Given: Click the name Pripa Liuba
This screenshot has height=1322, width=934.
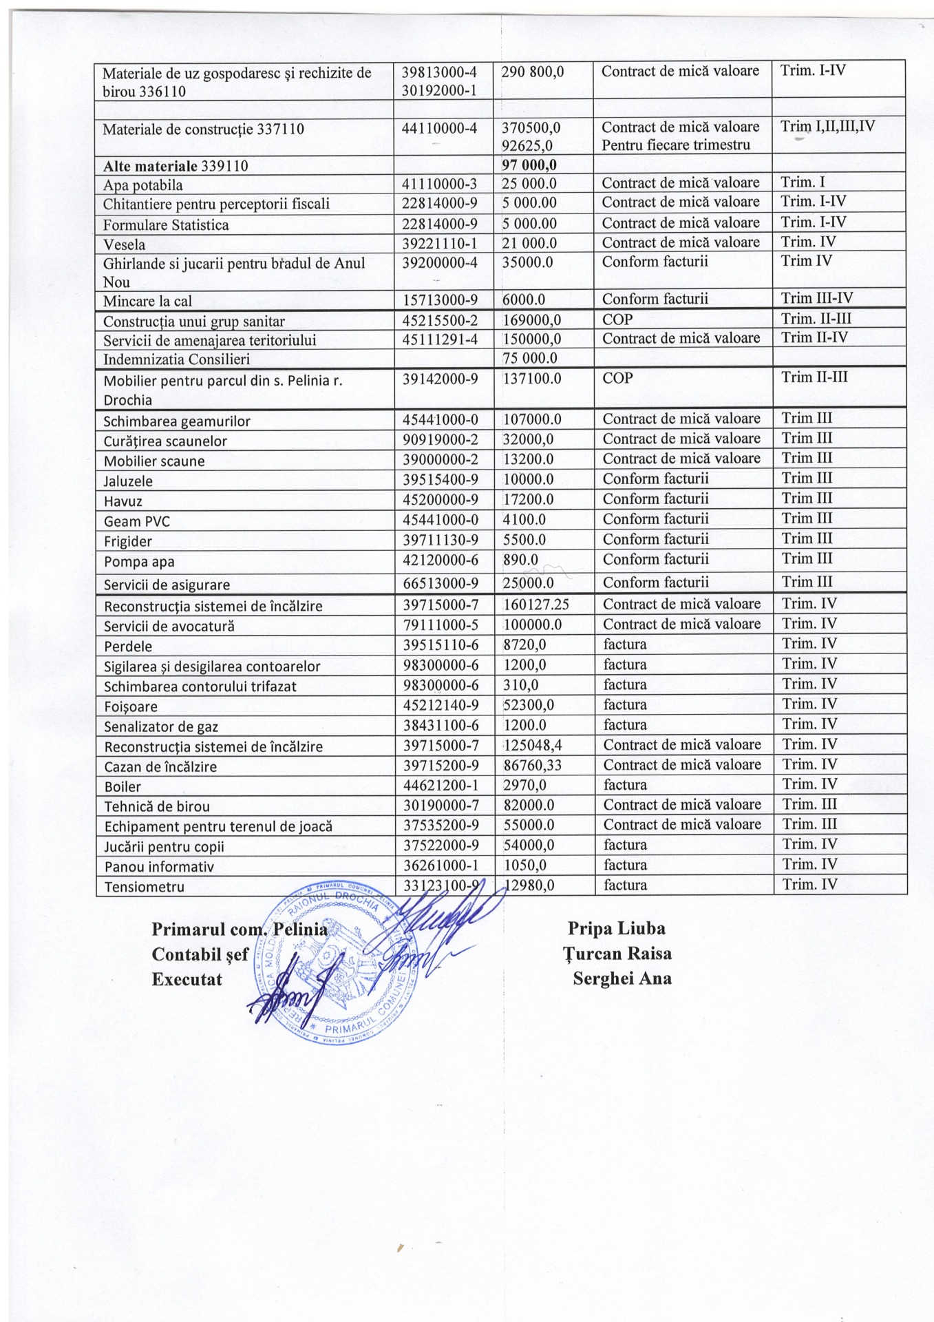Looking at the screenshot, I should pos(616,929).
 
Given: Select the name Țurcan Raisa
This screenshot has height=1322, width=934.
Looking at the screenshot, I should pos(617,954).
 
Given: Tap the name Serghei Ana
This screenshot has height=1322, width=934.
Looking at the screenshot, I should pos(622,978).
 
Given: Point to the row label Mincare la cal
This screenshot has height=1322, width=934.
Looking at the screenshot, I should pos(147,301).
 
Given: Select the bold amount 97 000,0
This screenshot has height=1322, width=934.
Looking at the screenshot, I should pos(529,165).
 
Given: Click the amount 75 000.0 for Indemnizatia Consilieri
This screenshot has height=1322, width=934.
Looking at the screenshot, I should pos(529,358).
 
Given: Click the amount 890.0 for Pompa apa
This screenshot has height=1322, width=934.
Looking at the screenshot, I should pos(520,560).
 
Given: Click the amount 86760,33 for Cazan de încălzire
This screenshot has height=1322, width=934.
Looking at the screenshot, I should pos(532,765).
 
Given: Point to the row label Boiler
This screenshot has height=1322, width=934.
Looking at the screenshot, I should pos(123,787).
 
